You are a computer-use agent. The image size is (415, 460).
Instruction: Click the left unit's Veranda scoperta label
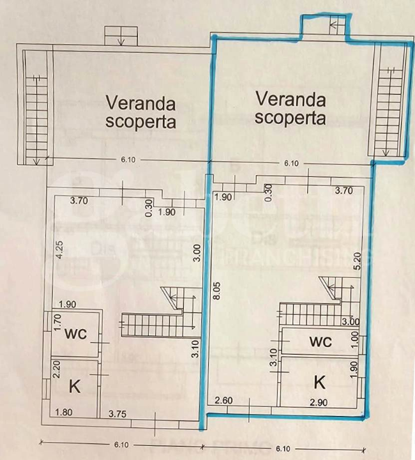pyautogui.click(x=141, y=111)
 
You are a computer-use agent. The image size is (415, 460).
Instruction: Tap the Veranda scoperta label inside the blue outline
pyautogui.click(x=290, y=108)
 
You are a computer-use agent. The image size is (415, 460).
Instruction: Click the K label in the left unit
pyautogui.click(x=75, y=386)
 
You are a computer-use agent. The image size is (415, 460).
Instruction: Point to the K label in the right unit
pyautogui.click(x=320, y=382)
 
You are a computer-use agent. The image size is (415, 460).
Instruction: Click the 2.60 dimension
pyautogui.click(x=223, y=401)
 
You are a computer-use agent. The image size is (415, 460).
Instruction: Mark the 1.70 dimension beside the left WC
pyautogui.click(x=56, y=327)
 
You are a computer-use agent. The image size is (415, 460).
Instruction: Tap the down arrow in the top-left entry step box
pyautogui.click(x=121, y=38)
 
